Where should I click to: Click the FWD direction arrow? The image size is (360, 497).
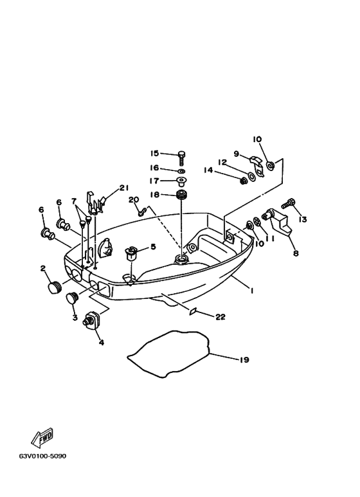point(42,438)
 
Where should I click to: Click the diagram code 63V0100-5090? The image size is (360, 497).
point(43,456)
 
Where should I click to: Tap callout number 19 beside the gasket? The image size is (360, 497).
point(244,360)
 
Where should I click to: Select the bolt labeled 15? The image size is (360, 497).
point(181,158)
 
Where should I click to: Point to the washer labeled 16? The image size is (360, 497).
point(181,171)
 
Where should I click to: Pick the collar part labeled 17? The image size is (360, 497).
point(181,181)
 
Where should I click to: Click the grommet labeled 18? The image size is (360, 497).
point(181,194)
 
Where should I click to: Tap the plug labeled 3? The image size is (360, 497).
point(71,298)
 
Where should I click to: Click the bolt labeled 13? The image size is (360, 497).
point(289,203)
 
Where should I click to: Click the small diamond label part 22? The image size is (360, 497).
point(192,311)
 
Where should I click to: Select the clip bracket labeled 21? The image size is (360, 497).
point(95,203)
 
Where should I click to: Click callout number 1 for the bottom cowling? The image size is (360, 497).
point(251,291)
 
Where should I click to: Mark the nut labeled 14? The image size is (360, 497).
point(244,181)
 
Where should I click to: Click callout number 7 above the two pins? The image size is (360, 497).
point(74,201)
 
